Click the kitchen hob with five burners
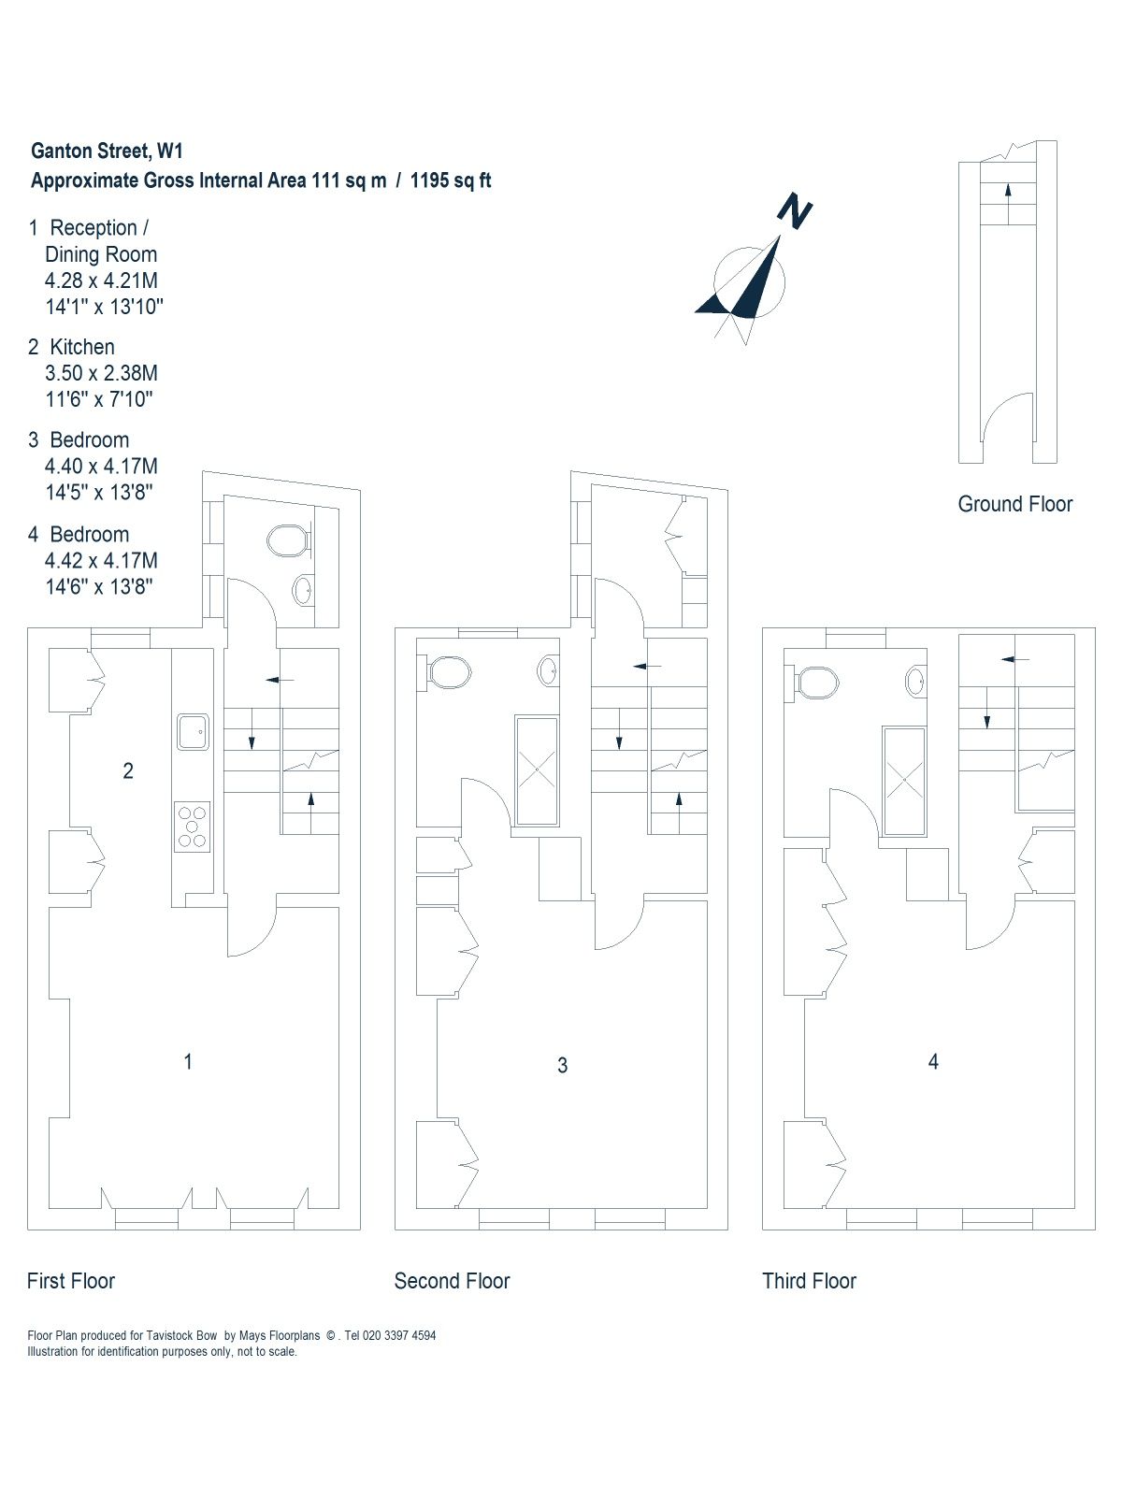tap(192, 827)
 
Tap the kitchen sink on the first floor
tap(194, 732)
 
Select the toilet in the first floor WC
tap(287, 540)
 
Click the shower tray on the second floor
tap(538, 771)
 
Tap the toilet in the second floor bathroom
tap(450, 671)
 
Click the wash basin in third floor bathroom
tap(917, 682)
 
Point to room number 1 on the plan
tap(188, 1061)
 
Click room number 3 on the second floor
tap(562, 1065)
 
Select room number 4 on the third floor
tap(932, 1061)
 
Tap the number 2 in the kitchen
tap(128, 770)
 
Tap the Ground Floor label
tap(1014, 504)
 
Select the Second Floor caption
tap(452, 1281)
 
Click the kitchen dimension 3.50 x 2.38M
tap(101, 373)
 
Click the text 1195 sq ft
tap(451, 180)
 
